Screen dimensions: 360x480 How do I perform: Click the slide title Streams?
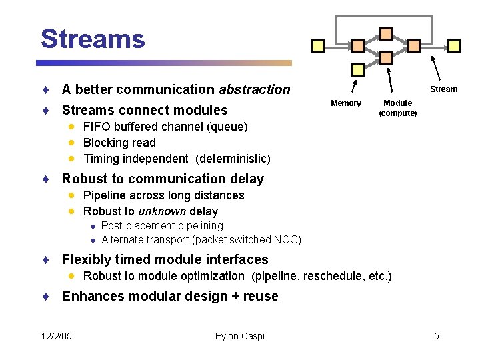(x=93, y=39)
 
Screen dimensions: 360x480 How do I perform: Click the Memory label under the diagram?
(x=346, y=103)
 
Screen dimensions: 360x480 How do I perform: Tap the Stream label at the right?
(x=443, y=89)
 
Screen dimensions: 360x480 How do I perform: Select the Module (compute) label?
(x=398, y=108)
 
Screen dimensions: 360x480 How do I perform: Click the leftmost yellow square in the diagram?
(x=319, y=45)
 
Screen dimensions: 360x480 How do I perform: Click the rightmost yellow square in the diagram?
(x=454, y=45)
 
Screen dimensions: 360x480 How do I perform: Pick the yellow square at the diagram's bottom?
(x=358, y=69)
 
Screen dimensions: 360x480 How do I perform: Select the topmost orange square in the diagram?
(x=386, y=33)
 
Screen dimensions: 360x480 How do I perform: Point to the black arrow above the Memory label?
(x=353, y=86)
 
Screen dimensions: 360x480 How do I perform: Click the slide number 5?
(x=437, y=336)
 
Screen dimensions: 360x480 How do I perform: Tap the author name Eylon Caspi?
(x=240, y=336)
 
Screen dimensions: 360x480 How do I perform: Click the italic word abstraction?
(x=255, y=89)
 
